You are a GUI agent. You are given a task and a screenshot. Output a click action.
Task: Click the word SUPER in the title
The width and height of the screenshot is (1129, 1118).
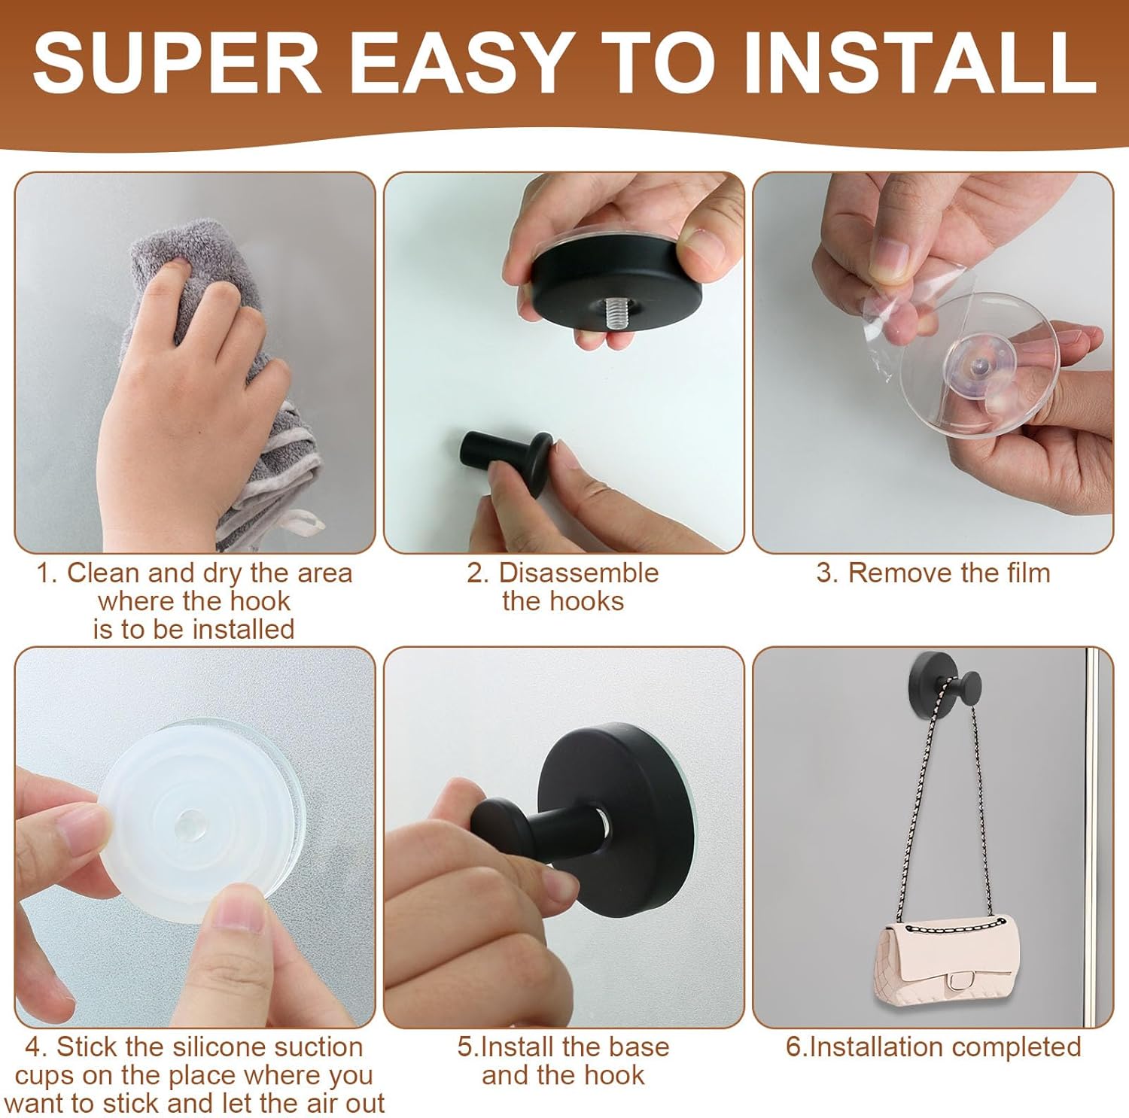point(178,63)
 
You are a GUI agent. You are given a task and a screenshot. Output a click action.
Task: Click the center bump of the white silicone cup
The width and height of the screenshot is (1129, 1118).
point(189,825)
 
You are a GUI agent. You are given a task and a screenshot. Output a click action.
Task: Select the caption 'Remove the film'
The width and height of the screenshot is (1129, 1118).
point(933,573)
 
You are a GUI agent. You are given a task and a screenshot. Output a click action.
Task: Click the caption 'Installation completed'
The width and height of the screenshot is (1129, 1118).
point(933,1047)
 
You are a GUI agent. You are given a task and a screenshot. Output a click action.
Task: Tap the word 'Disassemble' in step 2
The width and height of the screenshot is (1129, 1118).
point(578,573)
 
